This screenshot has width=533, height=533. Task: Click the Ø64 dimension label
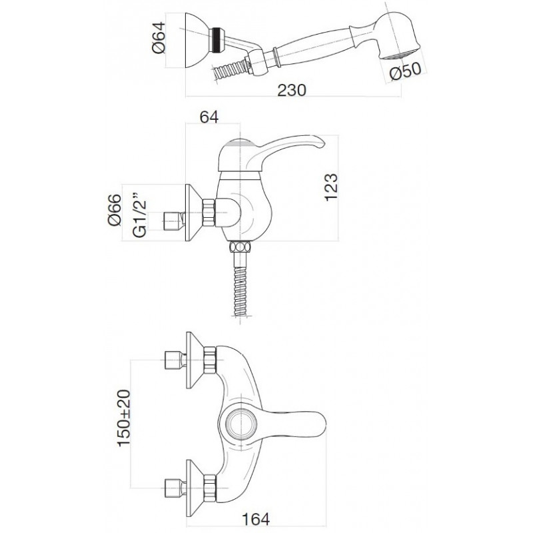[x=159, y=37]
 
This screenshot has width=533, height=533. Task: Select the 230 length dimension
[x=292, y=90]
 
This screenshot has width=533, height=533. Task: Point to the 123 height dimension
[x=330, y=187]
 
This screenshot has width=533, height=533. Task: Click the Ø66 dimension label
[x=115, y=210]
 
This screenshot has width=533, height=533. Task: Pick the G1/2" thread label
[x=139, y=215]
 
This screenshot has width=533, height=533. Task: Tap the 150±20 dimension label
[x=123, y=418]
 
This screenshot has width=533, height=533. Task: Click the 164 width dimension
[x=256, y=519]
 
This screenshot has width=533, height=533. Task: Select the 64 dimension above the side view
[x=209, y=117]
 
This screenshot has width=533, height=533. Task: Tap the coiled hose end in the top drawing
[x=229, y=71]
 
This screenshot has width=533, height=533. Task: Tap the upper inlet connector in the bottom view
[x=175, y=360]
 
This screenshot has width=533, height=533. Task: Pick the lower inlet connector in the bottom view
[x=175, y=488]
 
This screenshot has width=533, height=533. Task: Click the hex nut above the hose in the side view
[x=240, y=247]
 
